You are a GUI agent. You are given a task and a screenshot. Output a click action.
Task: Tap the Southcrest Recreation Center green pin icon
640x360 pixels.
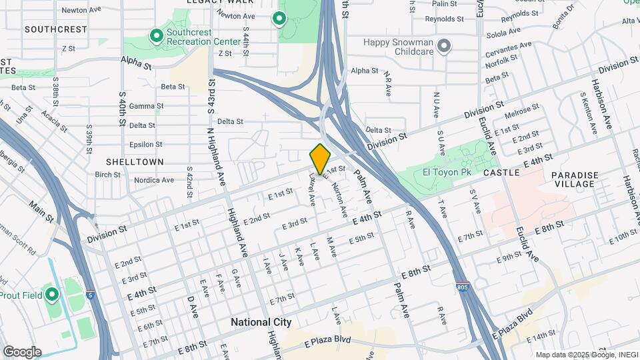[x=157, y=35]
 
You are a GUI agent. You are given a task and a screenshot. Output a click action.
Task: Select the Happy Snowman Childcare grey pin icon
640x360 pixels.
[x=445, y=46]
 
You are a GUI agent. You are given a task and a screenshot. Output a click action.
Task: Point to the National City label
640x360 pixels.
[x=261, y=322]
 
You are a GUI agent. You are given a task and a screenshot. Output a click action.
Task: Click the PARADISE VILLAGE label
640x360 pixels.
[x=575, y=179]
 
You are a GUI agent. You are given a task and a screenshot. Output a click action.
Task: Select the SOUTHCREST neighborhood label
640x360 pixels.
[x=55, y=29]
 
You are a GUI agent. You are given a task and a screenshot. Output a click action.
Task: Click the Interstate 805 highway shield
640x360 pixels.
[x=463, y=287]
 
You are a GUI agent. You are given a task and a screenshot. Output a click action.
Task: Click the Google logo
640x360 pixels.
[x=22, y=351]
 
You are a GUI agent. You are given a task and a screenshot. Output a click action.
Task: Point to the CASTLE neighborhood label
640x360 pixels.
[x=501, y=173]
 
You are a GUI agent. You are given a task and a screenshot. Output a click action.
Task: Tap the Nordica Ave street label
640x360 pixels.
[x=154, y=180]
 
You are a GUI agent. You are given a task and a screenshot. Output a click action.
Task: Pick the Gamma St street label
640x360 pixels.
[x=146, y=106]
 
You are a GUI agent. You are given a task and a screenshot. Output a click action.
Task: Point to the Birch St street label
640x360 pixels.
[x=107, y=175]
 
